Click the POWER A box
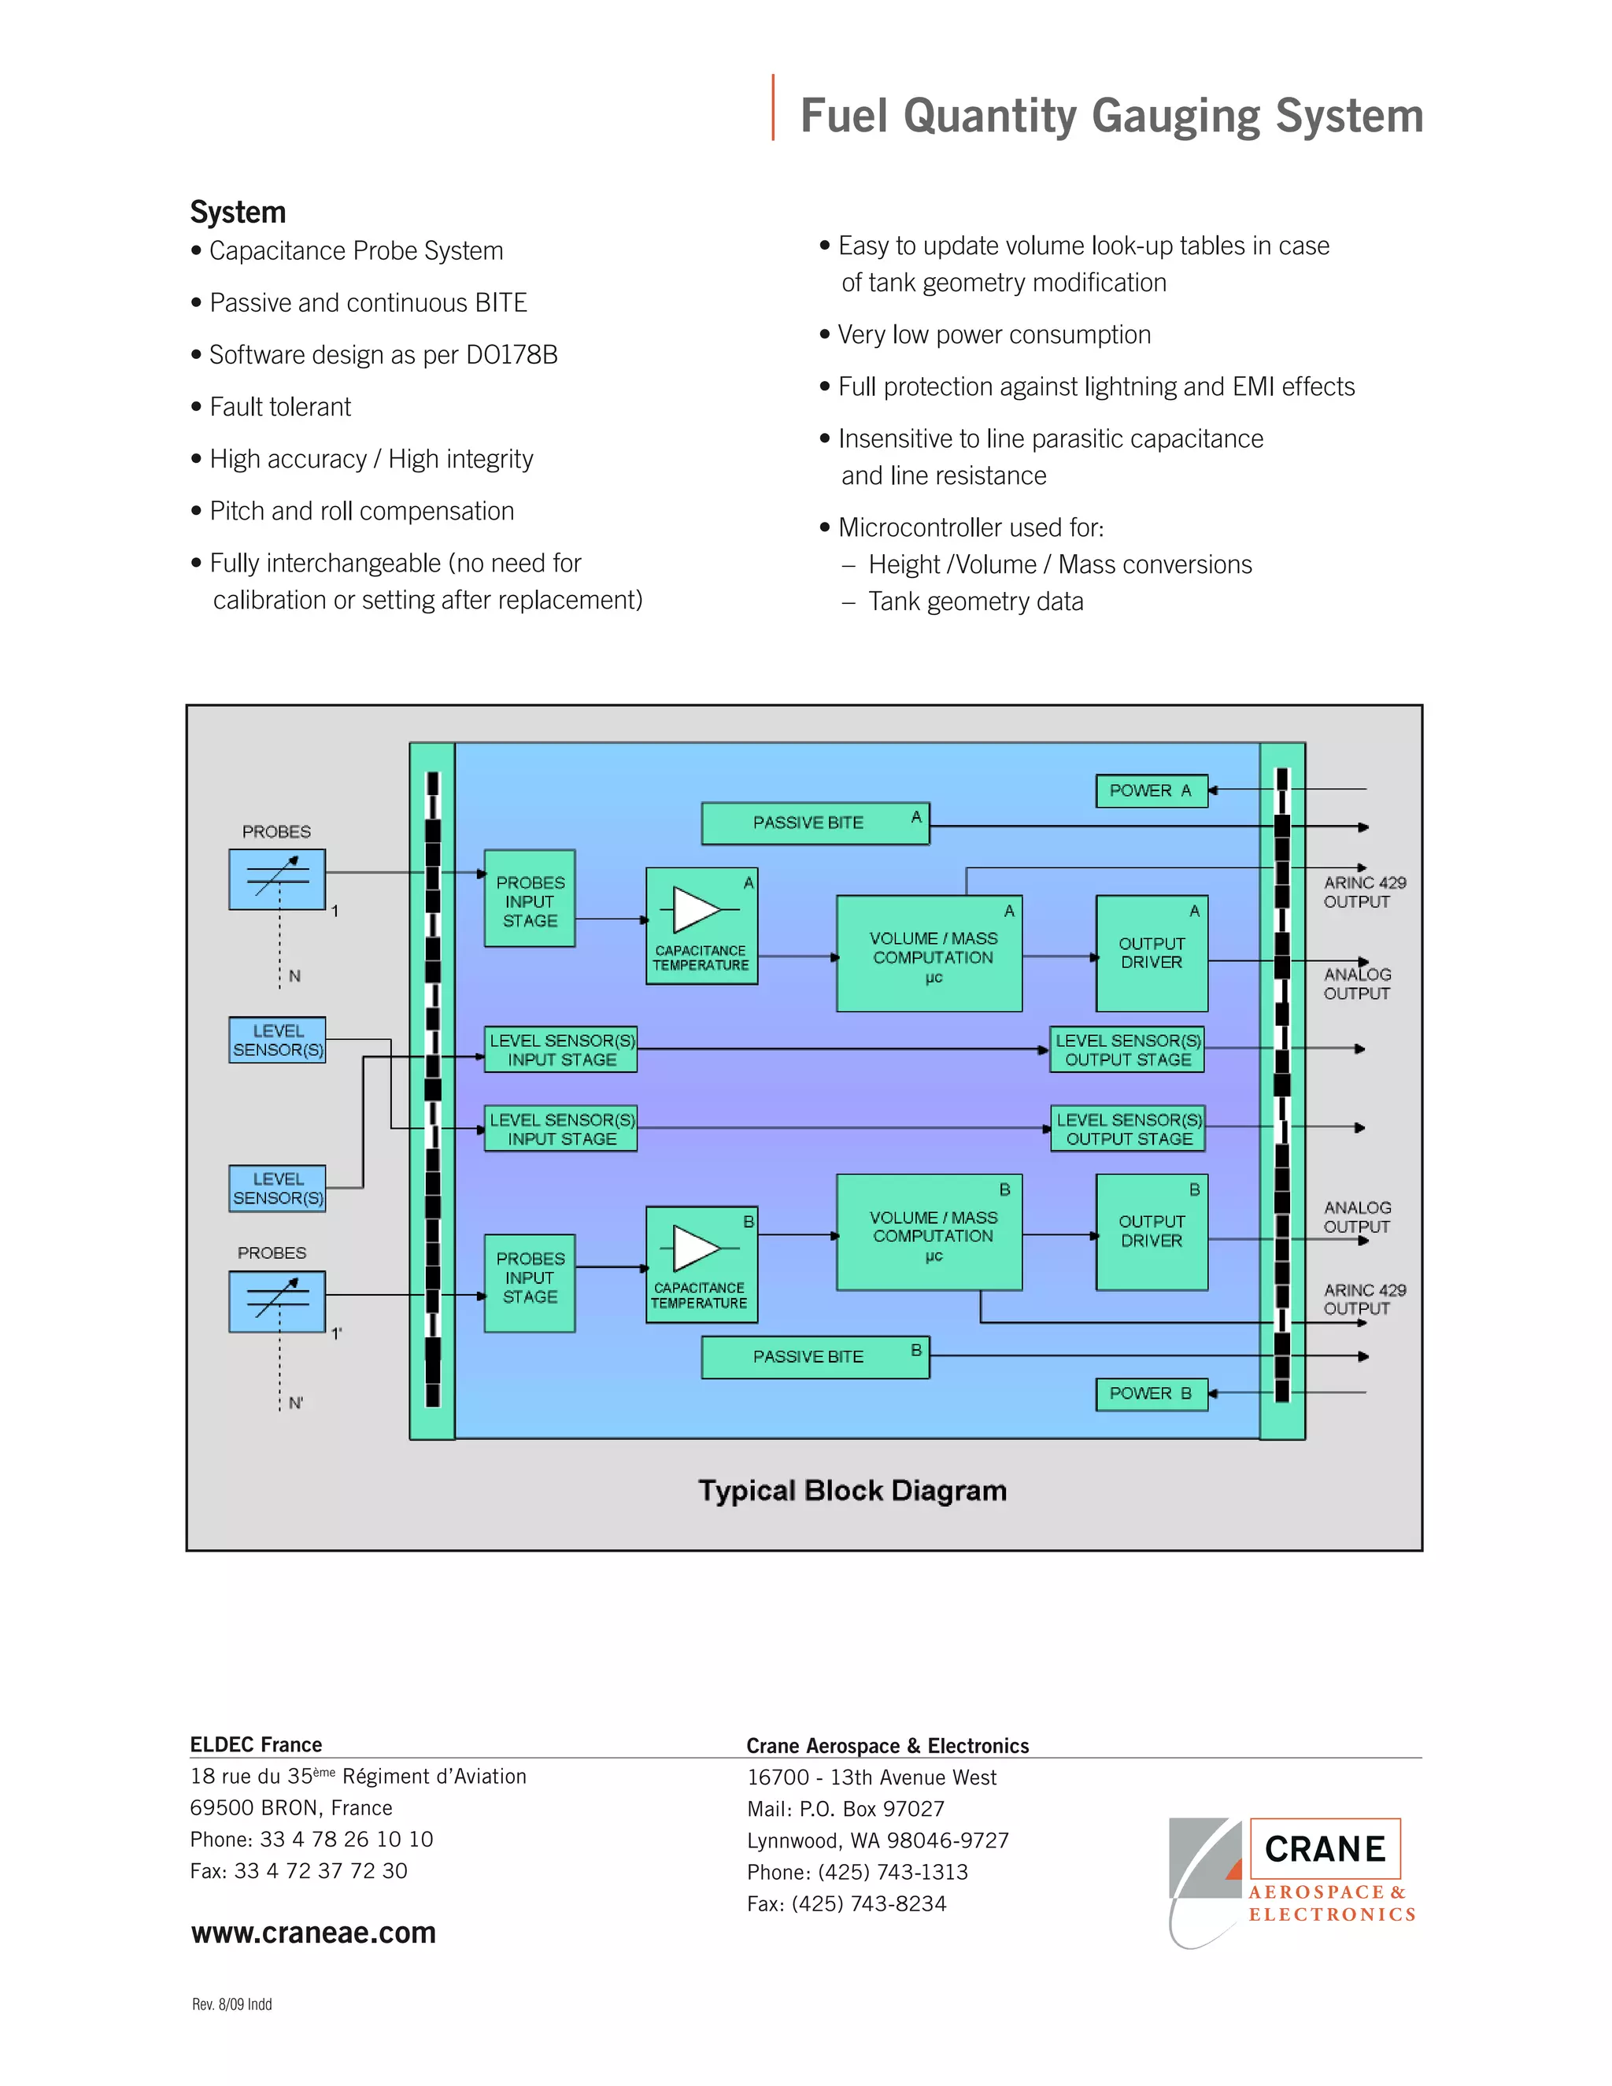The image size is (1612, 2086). click(1151, 791)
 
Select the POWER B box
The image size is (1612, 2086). click(1151, 1393)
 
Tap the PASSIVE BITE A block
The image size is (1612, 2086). click(815, 823)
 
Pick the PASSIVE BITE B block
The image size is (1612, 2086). click(815, 1356)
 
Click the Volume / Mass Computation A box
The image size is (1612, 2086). click(930, 953)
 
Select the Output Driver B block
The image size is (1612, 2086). click(1152, 1232)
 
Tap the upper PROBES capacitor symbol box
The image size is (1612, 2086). click(277, 878)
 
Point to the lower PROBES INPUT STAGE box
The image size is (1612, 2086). click(529, 1283)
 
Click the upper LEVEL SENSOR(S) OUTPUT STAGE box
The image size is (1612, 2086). click(1127, 1049)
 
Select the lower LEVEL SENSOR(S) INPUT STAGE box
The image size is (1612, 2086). click(561, 1129)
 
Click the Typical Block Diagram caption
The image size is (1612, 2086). click(852, 1491)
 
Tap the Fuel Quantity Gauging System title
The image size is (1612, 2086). click(1111, 116)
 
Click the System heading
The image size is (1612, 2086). click(238, 212)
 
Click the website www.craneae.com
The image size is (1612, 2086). click(313, 1933)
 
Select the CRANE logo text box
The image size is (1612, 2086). click(1325, 1849)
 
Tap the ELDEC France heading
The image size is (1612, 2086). click(256, 1745)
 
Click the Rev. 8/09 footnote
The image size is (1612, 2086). click(232, 2005)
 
